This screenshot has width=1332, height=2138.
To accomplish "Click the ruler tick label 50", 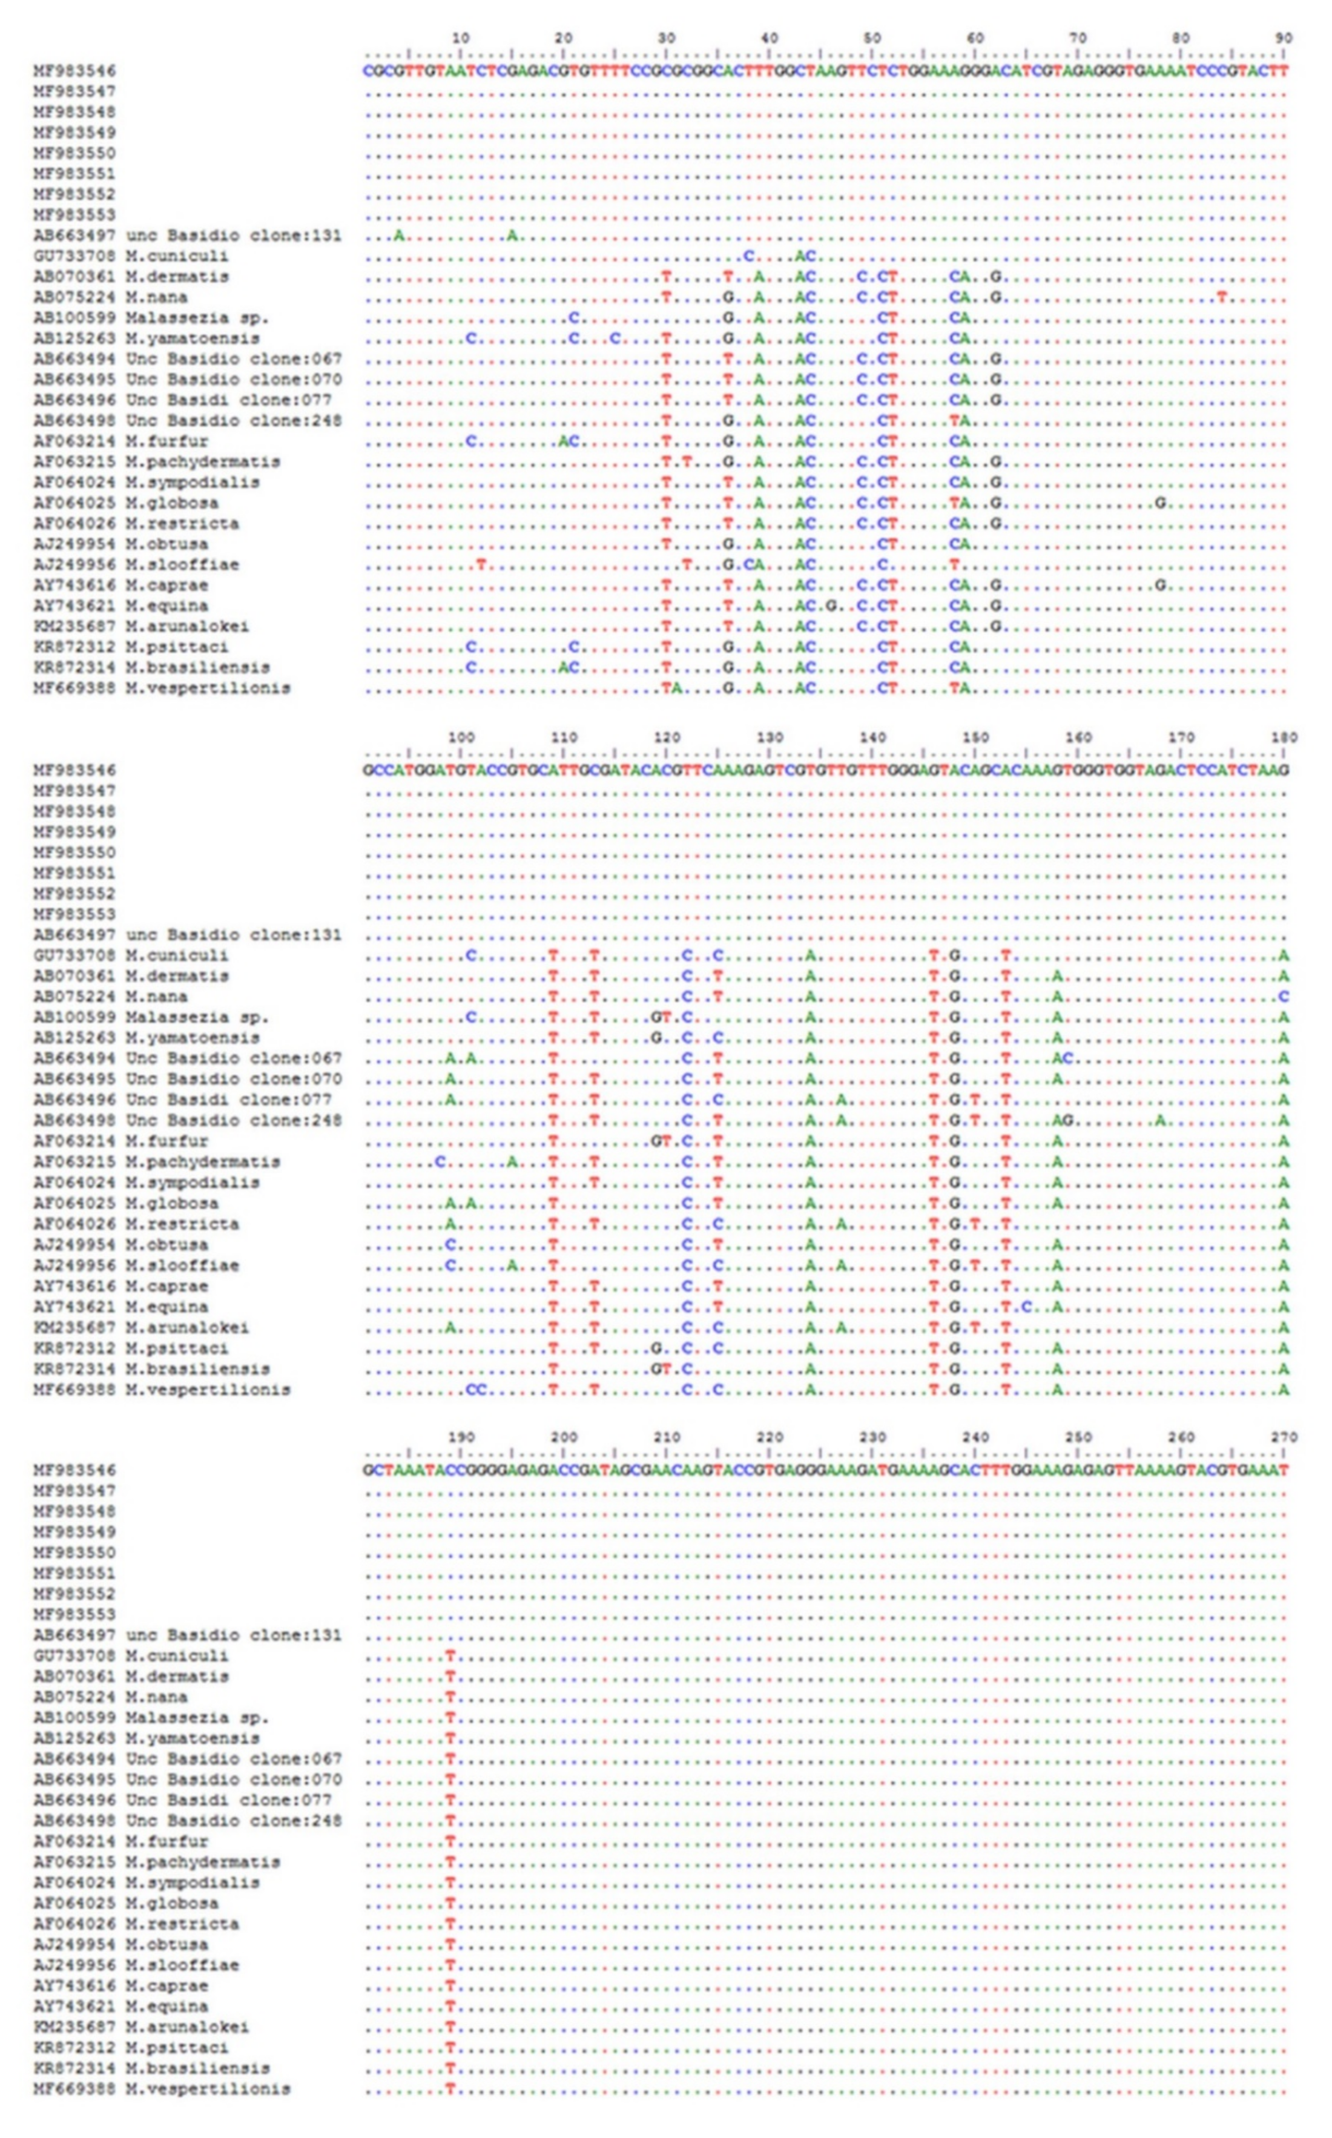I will point(872,38).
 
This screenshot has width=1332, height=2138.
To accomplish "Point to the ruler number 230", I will point(872,1437).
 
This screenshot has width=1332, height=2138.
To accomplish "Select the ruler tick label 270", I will point(1284,1437).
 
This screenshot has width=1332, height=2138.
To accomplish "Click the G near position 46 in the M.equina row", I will point(831,606).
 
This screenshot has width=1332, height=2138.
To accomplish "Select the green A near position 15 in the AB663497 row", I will point(512,235).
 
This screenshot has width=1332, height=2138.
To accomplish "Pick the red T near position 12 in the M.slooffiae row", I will point(481,565).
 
